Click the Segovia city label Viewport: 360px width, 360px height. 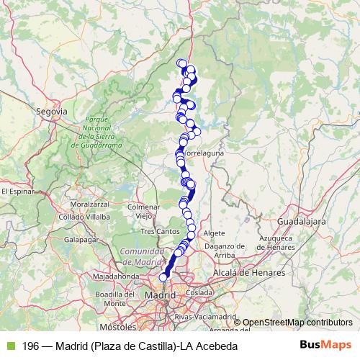click(51, 112)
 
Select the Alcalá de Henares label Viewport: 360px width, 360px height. click(249, 273)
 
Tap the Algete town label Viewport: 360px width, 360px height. click(214, 233)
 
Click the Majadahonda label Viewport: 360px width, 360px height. click(115, 276)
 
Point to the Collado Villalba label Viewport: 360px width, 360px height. click(84, 215)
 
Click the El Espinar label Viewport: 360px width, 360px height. click(17, 192)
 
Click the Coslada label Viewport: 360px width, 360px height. click(196, 294)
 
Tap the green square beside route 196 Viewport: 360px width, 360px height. click(9, 346)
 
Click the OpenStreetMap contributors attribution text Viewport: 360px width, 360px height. click(297, 322)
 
